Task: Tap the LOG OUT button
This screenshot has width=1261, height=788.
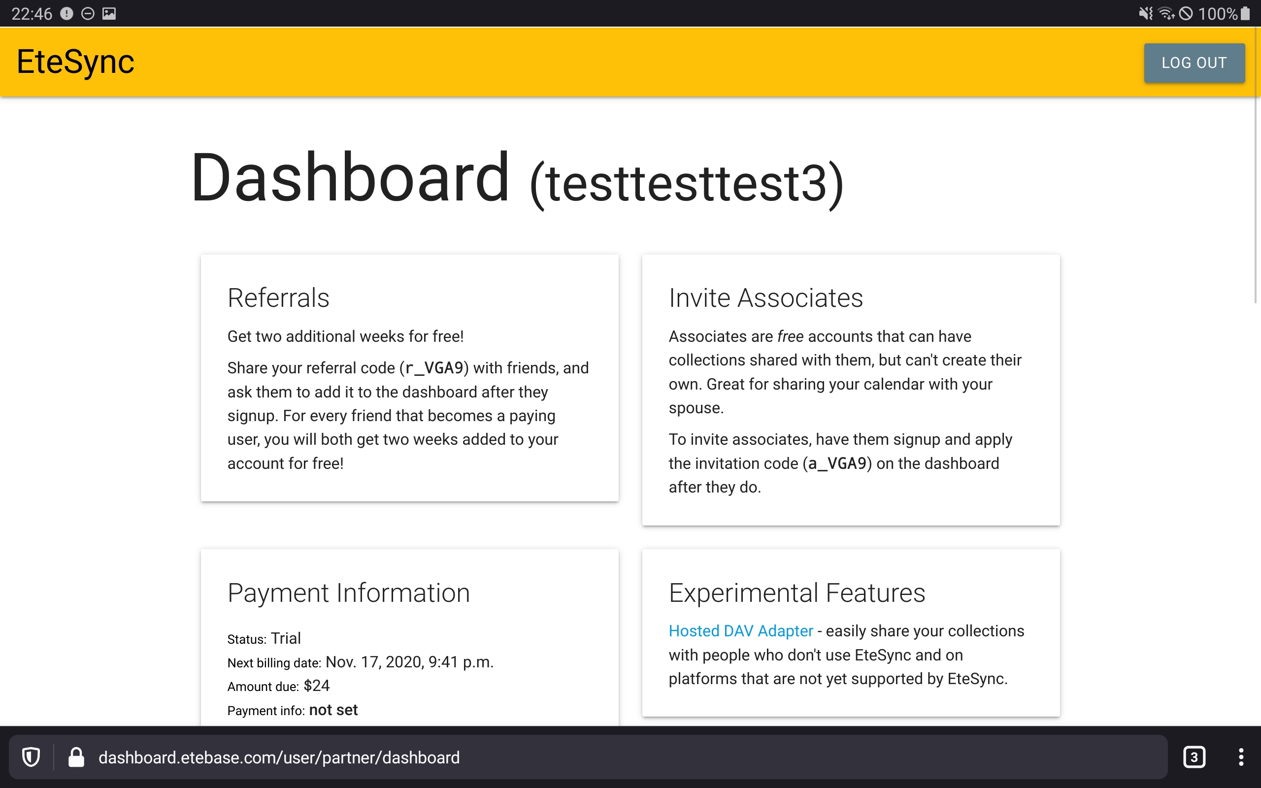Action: point(1195,63)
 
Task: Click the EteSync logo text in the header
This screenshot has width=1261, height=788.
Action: point(75,62)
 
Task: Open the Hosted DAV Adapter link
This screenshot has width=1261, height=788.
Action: point(740,630)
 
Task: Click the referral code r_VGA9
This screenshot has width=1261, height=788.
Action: point(434,368)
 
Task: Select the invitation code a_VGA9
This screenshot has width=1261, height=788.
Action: point(837,463)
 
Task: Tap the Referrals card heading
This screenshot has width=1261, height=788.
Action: point(278,298)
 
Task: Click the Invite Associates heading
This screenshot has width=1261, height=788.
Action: point(765,298)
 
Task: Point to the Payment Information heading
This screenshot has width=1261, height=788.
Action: point(349,592)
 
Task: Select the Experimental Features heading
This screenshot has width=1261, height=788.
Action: point(796,592)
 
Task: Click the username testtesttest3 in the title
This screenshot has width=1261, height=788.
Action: point(687,183)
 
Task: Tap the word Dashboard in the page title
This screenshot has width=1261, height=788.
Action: point(350,177)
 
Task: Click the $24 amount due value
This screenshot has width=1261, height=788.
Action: point(316,686)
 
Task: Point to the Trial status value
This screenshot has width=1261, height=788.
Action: point(286,638)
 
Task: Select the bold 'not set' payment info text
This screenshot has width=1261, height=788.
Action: point(333,710)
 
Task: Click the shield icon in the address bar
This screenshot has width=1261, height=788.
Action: point(31,757)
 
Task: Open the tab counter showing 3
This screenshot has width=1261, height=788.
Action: point(1195,757)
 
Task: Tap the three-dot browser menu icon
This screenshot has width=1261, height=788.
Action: point(1241,757)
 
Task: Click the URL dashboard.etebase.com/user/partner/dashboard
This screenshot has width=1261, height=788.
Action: point(279,757)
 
